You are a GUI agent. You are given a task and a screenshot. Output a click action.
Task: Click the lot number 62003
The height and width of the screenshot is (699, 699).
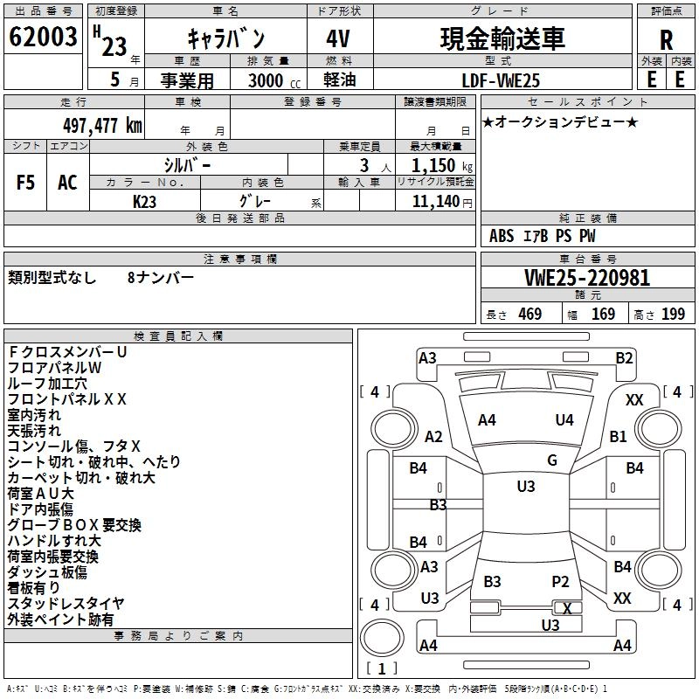pos(44,38)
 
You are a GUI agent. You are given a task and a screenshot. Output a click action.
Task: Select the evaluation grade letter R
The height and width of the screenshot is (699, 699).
pos(666,40)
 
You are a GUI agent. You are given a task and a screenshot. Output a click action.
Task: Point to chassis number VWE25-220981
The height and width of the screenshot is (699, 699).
pos(587,278)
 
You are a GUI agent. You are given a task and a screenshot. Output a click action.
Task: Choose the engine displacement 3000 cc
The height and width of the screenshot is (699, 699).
pos(273,80)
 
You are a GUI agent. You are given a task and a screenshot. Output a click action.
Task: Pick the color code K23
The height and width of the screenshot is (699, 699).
pos(144,200)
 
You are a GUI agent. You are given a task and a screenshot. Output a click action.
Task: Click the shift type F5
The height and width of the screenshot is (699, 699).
pos(26,183)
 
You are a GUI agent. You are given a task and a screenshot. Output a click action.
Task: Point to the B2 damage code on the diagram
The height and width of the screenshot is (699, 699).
pos(624,357)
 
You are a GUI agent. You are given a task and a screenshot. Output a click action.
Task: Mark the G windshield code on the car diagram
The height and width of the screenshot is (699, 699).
pos(552,460)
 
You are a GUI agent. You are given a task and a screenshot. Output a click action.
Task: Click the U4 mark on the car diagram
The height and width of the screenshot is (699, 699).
pos(564,420)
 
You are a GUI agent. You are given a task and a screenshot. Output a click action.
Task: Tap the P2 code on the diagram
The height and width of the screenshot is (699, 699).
pos(560,581)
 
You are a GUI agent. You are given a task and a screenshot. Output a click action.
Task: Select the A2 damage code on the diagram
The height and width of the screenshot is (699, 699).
pos(433,437)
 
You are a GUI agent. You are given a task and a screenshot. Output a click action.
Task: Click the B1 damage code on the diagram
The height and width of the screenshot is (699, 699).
pos(619,436)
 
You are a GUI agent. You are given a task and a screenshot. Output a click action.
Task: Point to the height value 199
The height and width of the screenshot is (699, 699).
pos(673,315)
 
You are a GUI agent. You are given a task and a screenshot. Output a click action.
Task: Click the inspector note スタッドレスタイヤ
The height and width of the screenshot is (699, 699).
pos(66,604)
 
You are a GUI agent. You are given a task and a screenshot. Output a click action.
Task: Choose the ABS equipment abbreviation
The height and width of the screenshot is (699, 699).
pos(502,236)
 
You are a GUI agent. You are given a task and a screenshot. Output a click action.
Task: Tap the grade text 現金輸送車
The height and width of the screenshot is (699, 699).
pos(502,38)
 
